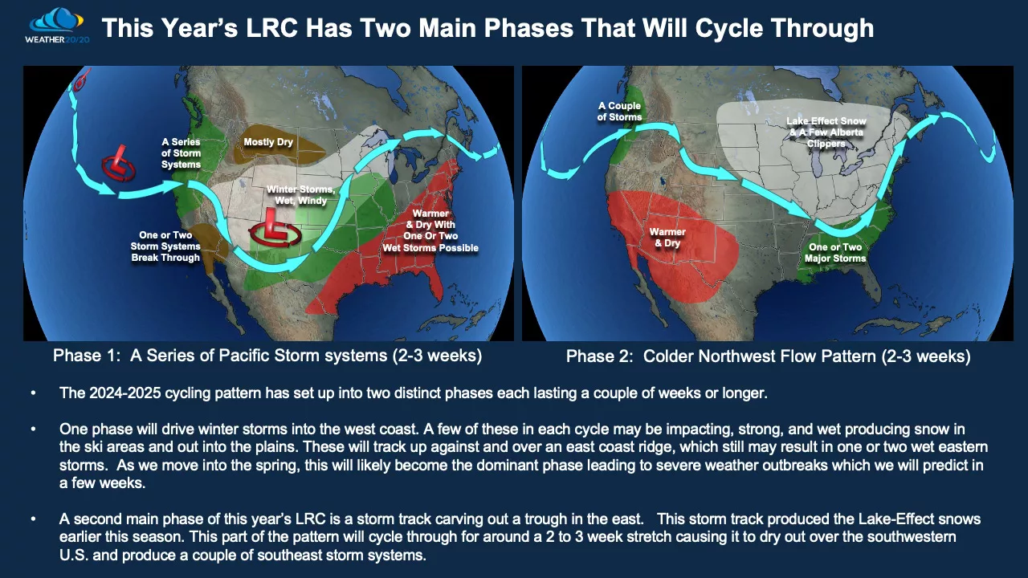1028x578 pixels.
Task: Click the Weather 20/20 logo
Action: click(56, 24)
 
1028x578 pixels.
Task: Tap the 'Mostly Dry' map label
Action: click(268, 142)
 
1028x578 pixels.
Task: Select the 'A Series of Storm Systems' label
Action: click(181, 153)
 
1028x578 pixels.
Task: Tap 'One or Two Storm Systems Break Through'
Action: click(165, 246)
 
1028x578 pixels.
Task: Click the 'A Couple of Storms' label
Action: click(620, 112)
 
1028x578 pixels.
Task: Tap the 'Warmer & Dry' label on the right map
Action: click(667, 238)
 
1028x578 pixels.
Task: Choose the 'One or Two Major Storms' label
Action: click(835, 253)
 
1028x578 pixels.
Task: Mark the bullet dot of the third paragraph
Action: click(33, 519)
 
